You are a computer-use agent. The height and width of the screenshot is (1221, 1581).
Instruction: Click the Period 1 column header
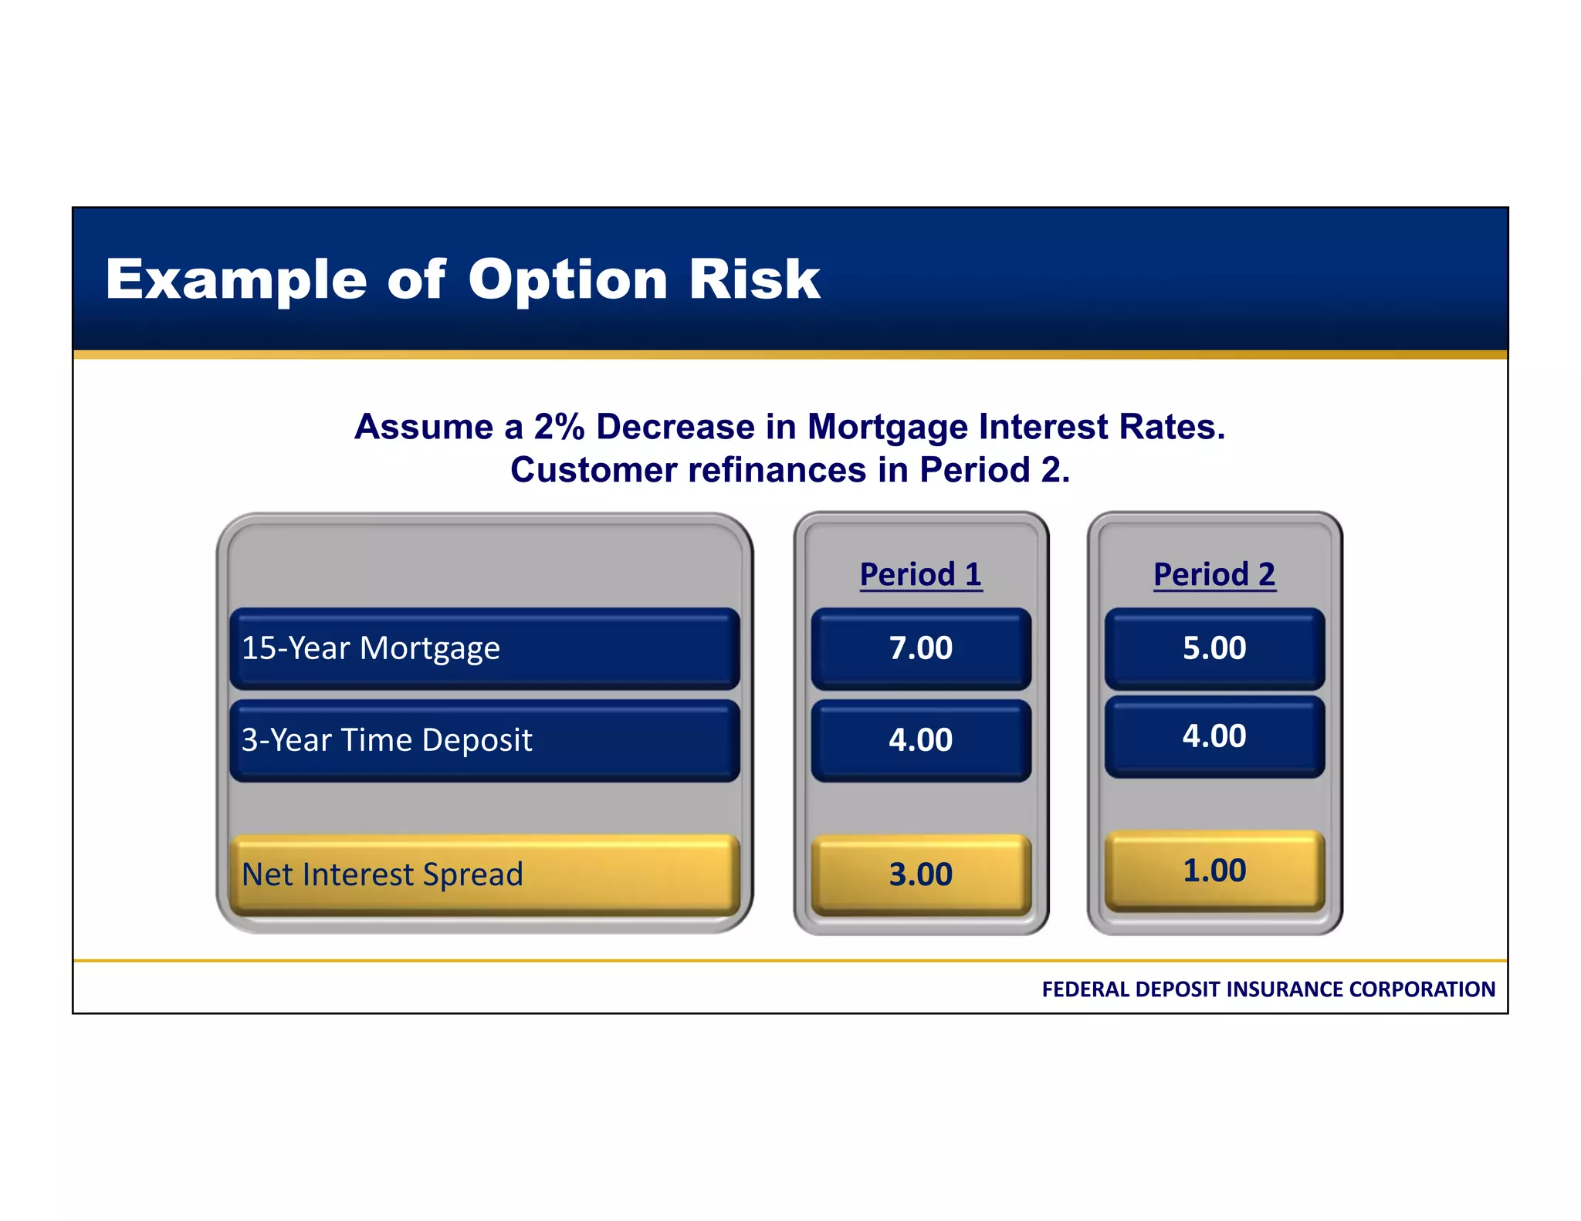[x=920, y=574]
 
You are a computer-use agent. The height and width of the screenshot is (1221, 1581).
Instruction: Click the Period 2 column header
[x=1214, y=574]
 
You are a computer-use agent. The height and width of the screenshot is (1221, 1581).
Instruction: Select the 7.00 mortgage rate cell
[x=920, y=648]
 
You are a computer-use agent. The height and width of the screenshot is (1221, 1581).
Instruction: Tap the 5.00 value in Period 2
[x=1214, y=648]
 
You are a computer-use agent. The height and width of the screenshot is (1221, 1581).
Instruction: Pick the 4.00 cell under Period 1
[x=920, y=740]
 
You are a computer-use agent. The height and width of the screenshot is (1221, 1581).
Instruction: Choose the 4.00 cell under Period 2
[x=1214, y=736]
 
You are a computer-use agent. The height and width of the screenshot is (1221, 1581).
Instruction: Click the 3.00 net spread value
[x=920, y=874]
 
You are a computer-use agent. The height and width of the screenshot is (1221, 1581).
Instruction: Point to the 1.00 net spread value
[x=1214, y=871]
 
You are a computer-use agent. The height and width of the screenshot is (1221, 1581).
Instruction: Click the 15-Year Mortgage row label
[x=371, y=648]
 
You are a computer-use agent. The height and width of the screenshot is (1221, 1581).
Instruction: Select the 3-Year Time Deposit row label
[x=386, y=740]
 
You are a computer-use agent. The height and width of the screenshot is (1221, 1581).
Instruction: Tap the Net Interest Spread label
[x=382, y=874]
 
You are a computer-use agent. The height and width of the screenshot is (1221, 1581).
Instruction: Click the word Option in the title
[x=567, y=279]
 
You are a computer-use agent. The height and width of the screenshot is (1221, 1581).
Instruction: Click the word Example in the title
[x=235, y=279]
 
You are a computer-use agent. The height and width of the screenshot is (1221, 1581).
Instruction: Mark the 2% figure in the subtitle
[x=559, y=427]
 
